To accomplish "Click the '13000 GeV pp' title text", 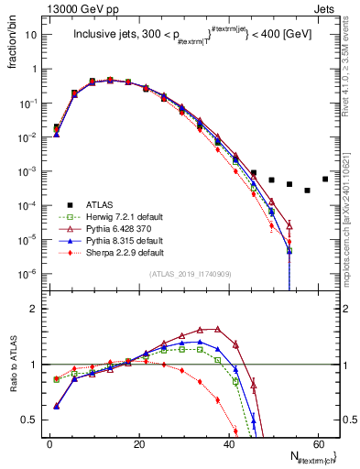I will click(74, 7).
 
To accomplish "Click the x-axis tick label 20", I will click(139, 443).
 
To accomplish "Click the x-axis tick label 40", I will click(228, 443).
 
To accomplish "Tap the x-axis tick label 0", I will click(50, 443).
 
